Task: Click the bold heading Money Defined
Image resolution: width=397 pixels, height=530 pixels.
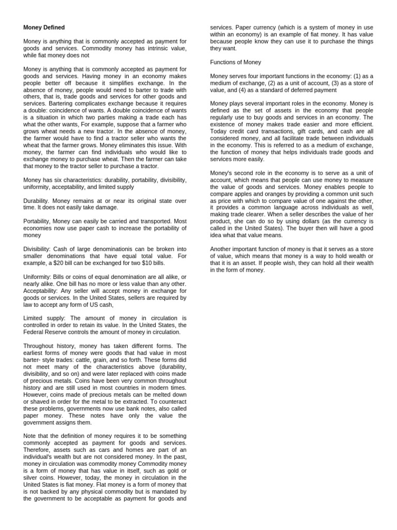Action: [44, 27]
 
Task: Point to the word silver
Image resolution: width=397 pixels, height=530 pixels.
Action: [33, 478]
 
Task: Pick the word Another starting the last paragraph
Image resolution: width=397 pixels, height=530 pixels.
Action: [222, 249]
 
